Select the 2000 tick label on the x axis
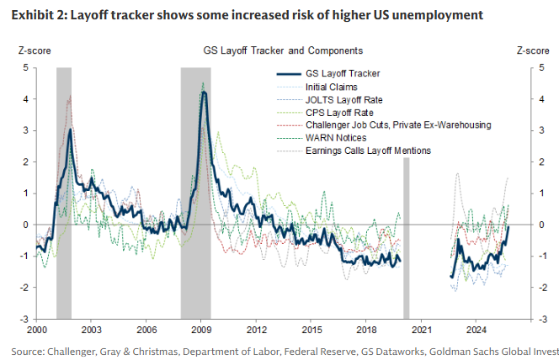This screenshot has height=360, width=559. pos(37,329)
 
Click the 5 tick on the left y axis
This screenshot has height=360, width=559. pos(26,67)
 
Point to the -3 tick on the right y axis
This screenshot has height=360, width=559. pos(540,319)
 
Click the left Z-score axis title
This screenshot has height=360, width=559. pos(35,50)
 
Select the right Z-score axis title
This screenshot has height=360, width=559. pos(532,50)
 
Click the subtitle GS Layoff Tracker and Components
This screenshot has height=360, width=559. pos(284,50)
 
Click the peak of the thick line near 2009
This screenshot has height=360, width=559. pos(203,93)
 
